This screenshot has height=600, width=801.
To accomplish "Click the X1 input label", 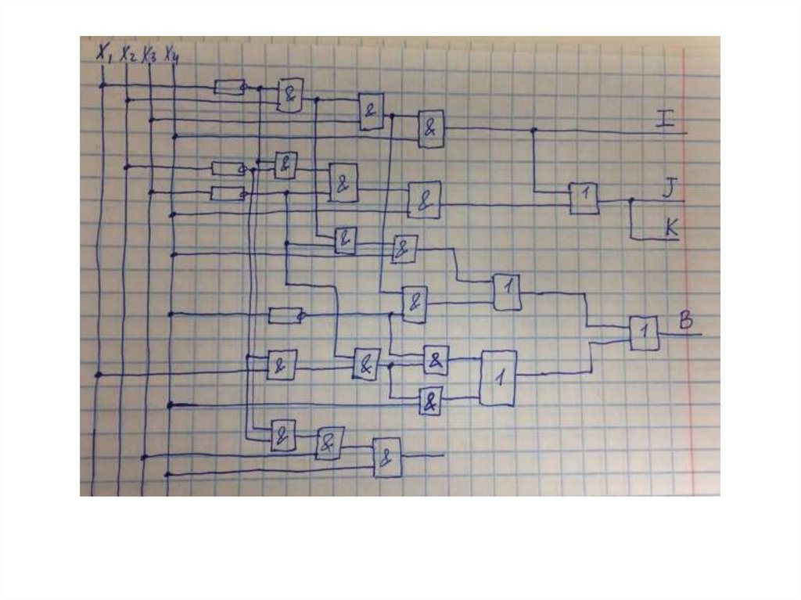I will tap(105, 53).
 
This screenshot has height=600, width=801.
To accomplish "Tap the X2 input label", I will tap(128, 56).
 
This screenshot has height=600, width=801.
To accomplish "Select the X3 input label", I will tap(149, 56).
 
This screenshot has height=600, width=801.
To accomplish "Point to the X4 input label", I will tap(171, 57).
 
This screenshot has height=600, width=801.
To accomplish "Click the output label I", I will tap(665, 119).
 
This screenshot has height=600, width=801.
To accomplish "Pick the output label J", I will tap(668, 188).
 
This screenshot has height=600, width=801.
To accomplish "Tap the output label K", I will tap(670, 228).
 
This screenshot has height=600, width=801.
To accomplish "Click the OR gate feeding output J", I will tap(584, 198).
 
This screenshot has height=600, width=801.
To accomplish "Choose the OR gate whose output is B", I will tap(645, 333).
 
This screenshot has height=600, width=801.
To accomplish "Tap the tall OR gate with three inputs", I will tap(498, 378).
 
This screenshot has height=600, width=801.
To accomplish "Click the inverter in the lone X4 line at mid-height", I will tap(285, 315).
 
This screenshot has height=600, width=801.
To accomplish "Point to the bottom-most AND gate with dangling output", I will tap(387, 457).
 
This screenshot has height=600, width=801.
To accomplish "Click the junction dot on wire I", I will tap(534, 130).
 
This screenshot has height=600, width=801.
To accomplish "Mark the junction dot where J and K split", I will tap(631, 200).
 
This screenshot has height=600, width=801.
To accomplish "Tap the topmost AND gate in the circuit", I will tap(291, 95).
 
